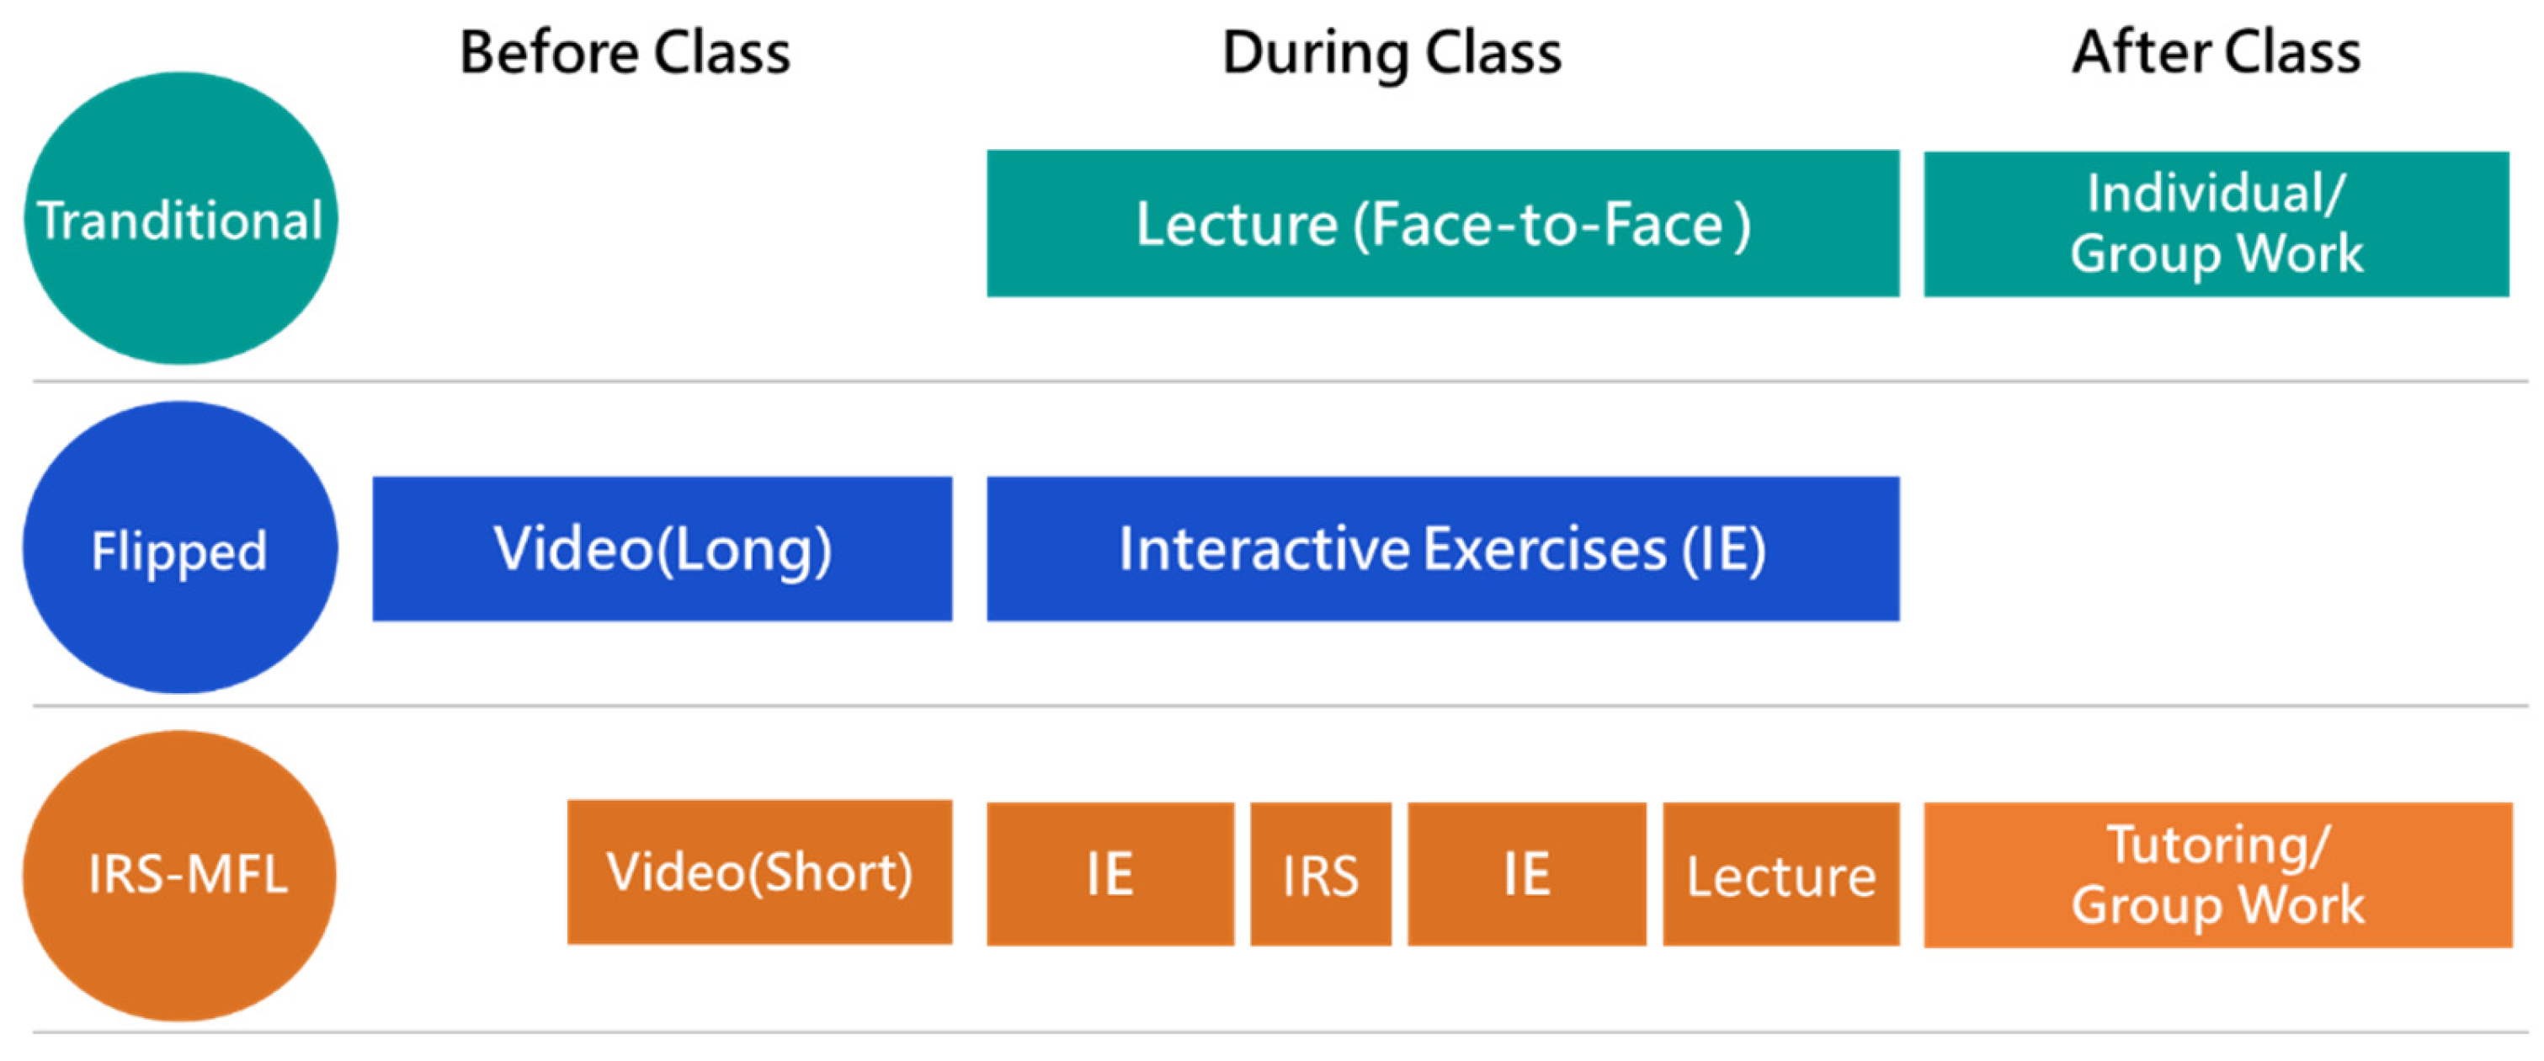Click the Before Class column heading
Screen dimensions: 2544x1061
pyautogui.click(x=625, y=52)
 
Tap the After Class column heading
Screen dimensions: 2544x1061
pyautogui.click(x=2217, y=52)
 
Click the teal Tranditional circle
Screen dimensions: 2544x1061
pyautogui.click(x=181, y=218)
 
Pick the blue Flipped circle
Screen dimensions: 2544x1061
pyautogui.click(x=181, y=547)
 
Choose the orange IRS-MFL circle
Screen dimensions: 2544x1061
pyautogui.click(x=180, y=875)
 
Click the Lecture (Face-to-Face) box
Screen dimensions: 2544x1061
pyautogui.click(x=1443, y=223)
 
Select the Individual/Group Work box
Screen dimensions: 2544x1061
pyautogui.click(x=2217, y=224)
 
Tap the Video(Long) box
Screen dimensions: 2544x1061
pyautogui.click(x=663, y=549)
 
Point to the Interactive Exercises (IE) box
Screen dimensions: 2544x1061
pyautogui.click(x=1443, y=549)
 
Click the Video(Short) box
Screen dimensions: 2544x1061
pyautogui.click(x=759, y=872)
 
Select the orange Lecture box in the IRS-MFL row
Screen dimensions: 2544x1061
pyautogui.click(x=1781, y=874)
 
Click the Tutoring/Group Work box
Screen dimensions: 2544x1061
pyautogui.click(x=2218, y=875)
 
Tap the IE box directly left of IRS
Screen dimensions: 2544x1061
pyautogui.click(x=1110, y=874)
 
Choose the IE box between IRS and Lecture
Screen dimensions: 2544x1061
pyautogui.click(x=1527, y=874)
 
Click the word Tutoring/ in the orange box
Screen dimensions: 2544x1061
pyautogui.click(x=2218, y=845)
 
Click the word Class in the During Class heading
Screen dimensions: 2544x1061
pyautogui.click(x=1493, y=52)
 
